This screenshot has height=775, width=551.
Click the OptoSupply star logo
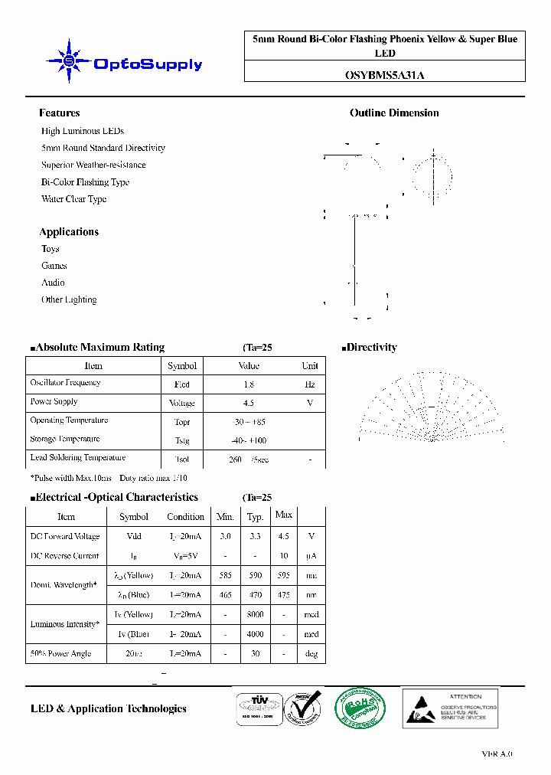point(69,61)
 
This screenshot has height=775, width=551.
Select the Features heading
point(59,113)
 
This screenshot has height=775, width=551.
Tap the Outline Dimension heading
point(394,113)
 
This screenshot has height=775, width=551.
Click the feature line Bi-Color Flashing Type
point(85,182)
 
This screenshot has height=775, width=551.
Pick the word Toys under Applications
point(51,249)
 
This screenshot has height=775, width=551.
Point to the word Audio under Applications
point(53,283)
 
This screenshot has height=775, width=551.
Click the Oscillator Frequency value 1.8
point(248,384)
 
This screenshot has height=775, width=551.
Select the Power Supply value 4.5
point(248,403)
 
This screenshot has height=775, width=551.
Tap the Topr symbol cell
point(182,422)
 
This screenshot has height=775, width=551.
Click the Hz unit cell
point(310,384)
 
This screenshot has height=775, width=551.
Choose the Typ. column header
point(255,516)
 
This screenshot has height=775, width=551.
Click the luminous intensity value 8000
point(255,614)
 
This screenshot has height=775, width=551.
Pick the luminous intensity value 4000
point(255,634)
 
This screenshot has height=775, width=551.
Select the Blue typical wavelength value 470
point(255,595)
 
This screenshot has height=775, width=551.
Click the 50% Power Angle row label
point(60,653)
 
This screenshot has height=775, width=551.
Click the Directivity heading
point(371,348)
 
